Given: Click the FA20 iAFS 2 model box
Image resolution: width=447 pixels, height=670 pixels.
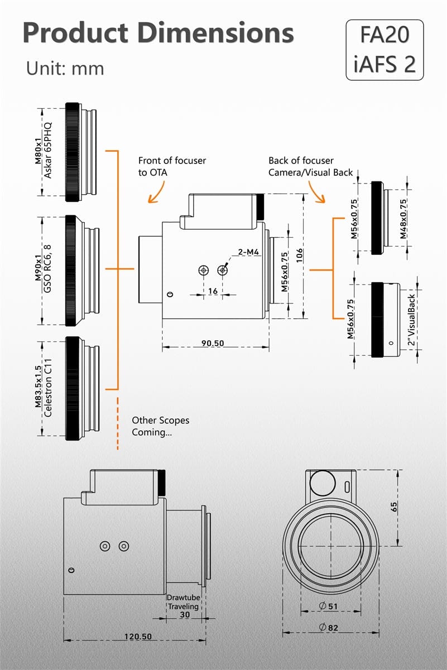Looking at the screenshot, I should coord(384,50).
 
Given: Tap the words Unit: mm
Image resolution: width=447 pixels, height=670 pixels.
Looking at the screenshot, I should coord(65,68).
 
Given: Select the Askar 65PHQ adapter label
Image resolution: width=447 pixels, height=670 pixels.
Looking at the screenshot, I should coord(48,151).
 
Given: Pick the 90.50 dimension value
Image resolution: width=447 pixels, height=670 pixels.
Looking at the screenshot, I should coord(213,343).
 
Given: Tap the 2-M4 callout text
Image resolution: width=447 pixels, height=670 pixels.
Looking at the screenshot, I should coord(249,252).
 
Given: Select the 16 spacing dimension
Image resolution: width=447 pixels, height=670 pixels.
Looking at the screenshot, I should coord(213,292).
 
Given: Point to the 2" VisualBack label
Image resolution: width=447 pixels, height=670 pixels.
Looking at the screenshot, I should coord(411,320).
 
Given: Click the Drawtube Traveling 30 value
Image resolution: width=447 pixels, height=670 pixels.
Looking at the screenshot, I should coord(184,614).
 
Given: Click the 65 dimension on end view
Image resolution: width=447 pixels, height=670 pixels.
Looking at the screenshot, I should coord(393,507).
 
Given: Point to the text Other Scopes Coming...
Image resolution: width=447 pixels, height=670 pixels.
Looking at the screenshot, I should coord(160,426).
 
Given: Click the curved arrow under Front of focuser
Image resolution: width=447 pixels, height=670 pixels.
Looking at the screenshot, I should coord(157,191).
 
